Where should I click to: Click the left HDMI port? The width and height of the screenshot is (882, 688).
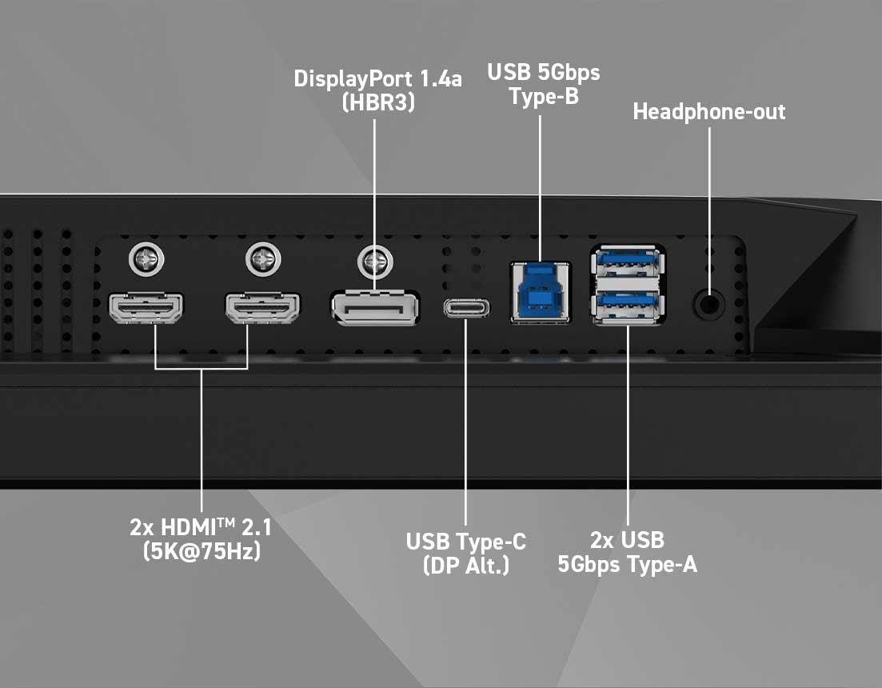click(x=146, y=308)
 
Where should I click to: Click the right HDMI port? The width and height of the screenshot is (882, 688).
click(x=263, y=308)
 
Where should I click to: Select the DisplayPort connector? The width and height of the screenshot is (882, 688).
click(x=374, y=308)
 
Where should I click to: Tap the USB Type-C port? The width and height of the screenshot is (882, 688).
click(x=466, y=308)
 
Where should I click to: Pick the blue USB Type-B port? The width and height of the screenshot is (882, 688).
click(x=540, y=293)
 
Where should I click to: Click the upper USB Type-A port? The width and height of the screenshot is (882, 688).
click(x=628, y=262)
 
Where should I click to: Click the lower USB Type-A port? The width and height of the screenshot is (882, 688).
click(x=628, y=306)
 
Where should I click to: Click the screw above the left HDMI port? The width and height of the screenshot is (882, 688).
click(x=146, y=260)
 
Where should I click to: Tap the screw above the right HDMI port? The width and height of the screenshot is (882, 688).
click(x=263, y=260)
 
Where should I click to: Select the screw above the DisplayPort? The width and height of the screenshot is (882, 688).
click(x=375, y=262)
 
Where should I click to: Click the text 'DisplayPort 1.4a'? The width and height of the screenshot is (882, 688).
click(x=378, y=78)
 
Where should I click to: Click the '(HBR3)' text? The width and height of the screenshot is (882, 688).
click(x=378, y=102)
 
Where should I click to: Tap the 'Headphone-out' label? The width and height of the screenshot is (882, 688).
click(x=709, y=111)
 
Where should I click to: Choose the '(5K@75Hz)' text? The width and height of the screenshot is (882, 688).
click(x=202, y=550)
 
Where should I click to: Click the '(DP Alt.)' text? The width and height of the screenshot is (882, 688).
click(x=466, y=565)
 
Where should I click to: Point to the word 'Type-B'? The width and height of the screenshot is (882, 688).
click(x=544, y=96)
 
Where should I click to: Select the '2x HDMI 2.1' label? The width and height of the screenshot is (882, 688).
click(x=201, y=527)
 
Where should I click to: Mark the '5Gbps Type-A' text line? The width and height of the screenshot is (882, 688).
click(x=628, y=564)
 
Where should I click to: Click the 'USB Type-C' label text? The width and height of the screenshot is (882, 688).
click(x=466, y=541)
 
